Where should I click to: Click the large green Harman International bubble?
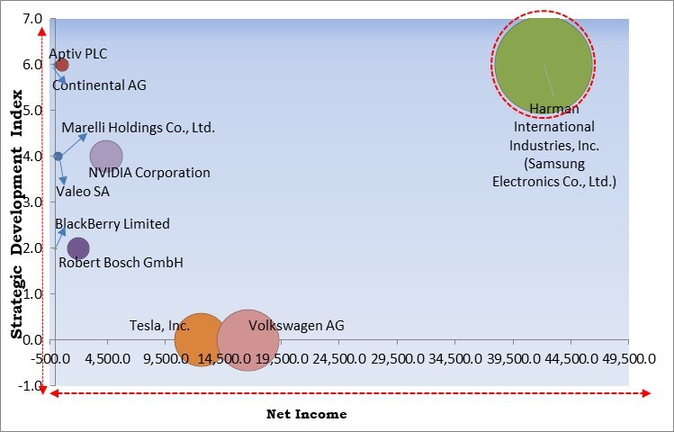click(543, 64)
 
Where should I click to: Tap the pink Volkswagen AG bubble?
click(247, 339)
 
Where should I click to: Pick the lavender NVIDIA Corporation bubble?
click(106, 157)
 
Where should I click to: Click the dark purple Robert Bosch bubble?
click(78, 248)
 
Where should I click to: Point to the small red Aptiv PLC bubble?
click(62, 65)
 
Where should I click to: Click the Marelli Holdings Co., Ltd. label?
click(138, 128)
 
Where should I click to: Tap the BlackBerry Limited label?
click(112, 224)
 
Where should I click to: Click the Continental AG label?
click(99, 85)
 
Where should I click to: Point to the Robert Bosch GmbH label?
click(121, 263)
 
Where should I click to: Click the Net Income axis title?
click(306, 414)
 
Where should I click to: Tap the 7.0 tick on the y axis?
click(31, 19)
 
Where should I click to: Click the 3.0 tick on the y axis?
click(31, 202)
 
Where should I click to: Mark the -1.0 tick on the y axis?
click(31, 386)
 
